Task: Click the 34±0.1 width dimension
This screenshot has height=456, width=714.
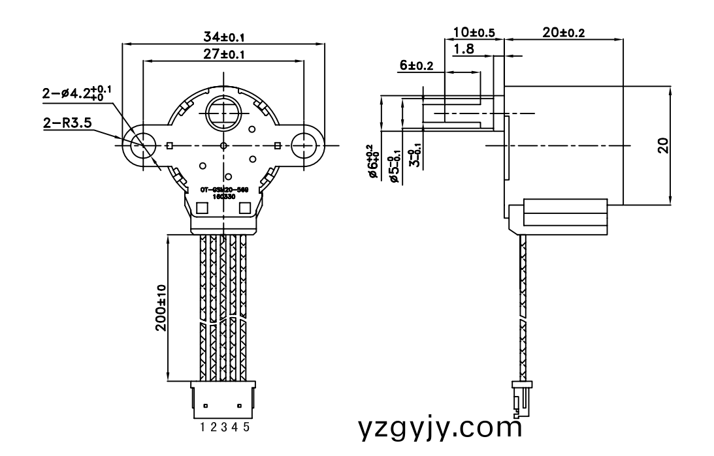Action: click(x=223, y=37)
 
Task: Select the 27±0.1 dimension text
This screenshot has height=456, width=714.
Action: click(x=223, y=55)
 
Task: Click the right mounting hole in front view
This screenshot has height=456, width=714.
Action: click(x=305, y=145)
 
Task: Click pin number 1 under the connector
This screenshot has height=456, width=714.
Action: click(x=204, y=427)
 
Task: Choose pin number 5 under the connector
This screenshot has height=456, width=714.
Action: click(x=246, y=427)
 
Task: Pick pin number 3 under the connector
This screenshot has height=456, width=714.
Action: click(x=224, y=427)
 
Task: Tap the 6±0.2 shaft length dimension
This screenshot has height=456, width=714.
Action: click(x=416, y=65)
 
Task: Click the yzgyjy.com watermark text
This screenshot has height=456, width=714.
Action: click(x=441, y=427)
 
